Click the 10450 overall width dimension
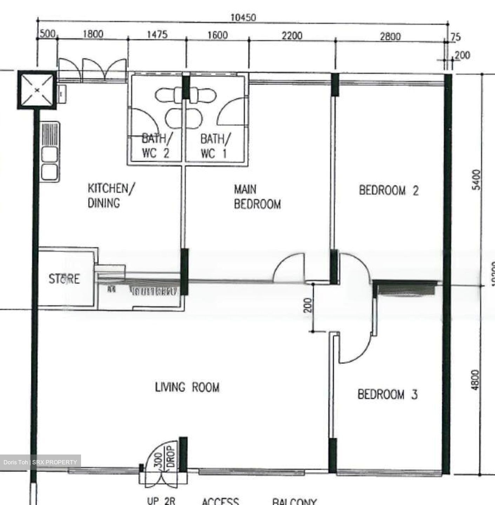243,17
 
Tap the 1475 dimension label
157,34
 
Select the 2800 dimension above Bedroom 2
390,36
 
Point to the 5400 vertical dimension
476,180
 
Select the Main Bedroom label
257,197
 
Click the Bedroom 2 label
389,190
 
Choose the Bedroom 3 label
387,395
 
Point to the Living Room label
187,388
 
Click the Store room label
64,279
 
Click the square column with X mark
37,90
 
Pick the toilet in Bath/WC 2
169,95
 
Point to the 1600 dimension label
217,35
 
